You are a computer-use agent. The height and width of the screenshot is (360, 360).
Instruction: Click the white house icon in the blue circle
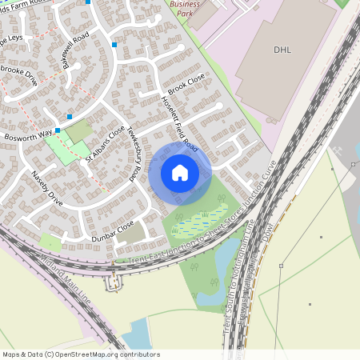(180, 172)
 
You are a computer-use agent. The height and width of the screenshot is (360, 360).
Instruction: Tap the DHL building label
(282, 50)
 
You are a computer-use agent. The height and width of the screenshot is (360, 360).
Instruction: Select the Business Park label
(185, 10)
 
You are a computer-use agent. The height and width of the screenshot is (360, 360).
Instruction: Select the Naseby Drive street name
(46, 186)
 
